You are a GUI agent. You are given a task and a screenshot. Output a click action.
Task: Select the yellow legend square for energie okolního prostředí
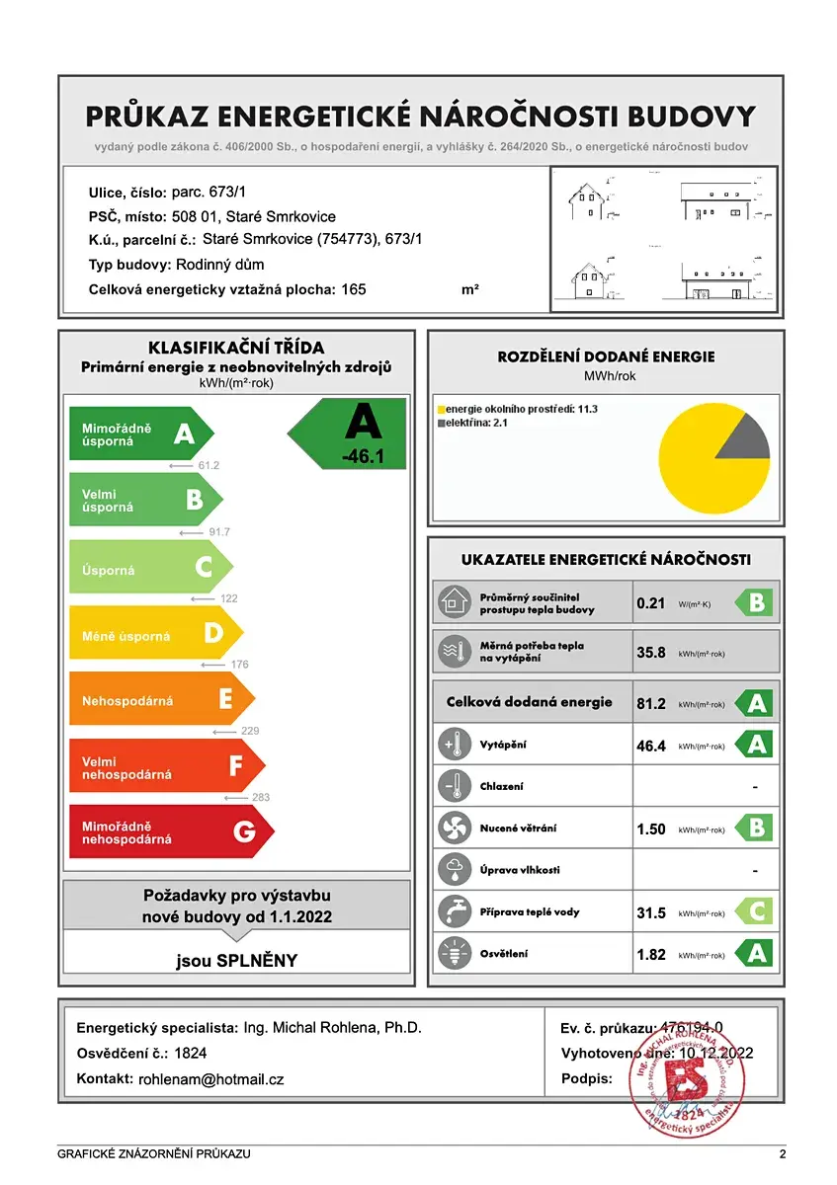point(441,409)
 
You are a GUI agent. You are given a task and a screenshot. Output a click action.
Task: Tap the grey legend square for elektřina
point(441,423)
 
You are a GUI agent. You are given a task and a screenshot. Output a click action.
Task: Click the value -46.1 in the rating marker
point(362,457)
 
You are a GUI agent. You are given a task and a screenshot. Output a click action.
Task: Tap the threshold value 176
point(239,665)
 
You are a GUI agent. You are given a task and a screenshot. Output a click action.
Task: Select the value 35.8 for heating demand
point(651,653)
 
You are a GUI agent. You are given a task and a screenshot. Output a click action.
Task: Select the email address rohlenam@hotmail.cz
point(211,1080)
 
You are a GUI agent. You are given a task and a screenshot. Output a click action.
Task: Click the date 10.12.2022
point(715,1054)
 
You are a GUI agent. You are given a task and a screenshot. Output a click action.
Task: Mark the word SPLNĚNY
point(258,960)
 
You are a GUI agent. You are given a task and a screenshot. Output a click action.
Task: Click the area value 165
point(354,289)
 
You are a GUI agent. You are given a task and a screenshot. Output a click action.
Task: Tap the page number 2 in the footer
point(782,1153)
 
